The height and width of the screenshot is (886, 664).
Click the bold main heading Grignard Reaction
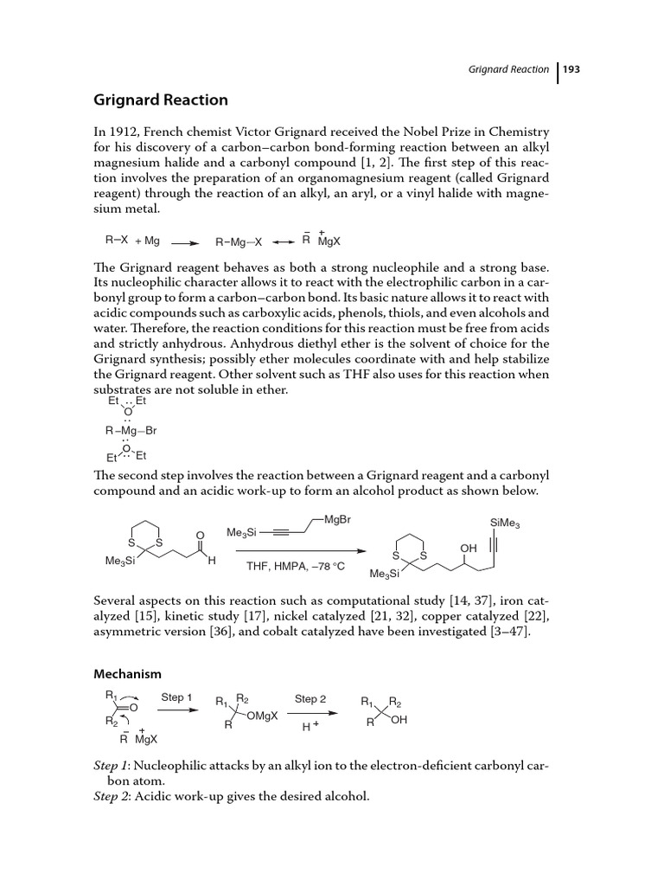(x=161, y=100)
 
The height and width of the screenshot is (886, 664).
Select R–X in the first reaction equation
(x=117, y=241)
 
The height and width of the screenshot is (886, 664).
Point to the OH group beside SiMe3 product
(x=468, y=548)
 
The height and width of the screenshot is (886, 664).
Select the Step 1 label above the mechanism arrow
(x=177, y=697)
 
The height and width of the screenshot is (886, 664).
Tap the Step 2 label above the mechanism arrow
(x=310, y=698)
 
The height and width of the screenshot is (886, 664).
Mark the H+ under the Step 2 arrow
(x=310, y=729)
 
